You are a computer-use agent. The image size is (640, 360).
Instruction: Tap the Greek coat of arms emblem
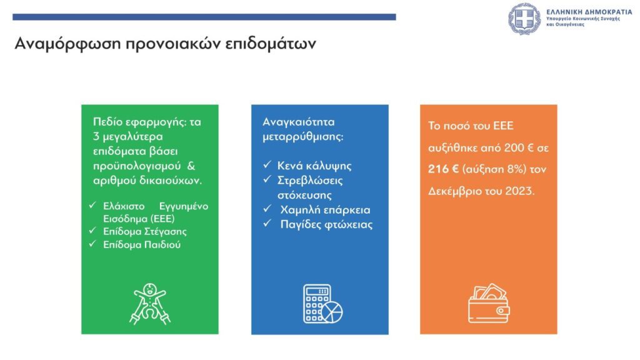click(x=524, y=19)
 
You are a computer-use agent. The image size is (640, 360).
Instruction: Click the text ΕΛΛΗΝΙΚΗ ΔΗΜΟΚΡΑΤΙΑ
click(x=589, y=12)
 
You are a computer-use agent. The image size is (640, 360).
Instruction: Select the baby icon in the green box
click(x=150, y=304)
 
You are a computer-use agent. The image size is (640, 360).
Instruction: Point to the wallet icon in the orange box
click(x=489, y=303)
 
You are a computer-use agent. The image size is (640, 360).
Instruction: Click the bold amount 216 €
click(x=443, y=169)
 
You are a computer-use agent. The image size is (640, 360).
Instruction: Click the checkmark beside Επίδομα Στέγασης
click(x=92, y=231)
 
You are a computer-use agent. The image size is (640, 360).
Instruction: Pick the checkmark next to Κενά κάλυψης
click(x=267, y=164)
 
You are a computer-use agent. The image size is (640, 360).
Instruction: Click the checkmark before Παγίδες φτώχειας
click(x=267, y=223)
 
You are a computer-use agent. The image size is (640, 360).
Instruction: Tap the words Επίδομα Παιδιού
click(x=142, y=245)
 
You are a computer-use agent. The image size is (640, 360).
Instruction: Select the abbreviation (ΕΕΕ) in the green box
click(x=162, y=219)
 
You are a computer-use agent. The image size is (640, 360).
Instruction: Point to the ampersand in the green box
click(x=191, y=166)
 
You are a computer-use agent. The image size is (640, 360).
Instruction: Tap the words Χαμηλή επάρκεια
click(x=325, y=210)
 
